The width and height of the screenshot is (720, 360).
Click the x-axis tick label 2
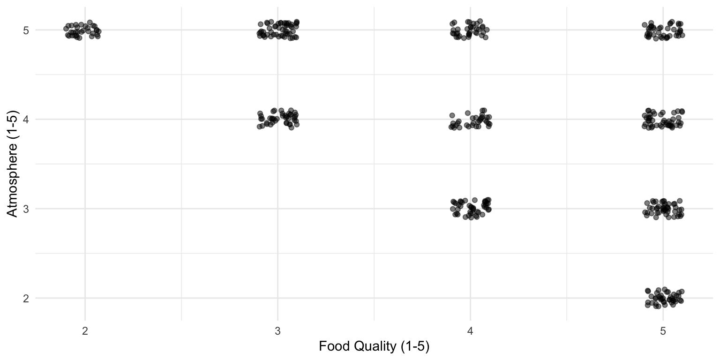tap(85, 330)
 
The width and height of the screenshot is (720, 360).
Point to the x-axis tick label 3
tap(277, 330)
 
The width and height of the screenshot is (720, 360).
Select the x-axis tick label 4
tap(470, 330)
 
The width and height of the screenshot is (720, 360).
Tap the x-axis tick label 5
tap(663, 330)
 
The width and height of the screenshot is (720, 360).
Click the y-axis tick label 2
tap(26, 298)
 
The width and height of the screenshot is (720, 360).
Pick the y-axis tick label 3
tap(26, 209)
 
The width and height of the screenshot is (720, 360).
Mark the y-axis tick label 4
tap(26, 120)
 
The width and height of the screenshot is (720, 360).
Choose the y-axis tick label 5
tap(26, 30)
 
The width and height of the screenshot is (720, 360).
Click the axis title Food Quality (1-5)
tap(374, 347)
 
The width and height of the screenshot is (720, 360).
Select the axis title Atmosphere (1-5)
tap(13, 164)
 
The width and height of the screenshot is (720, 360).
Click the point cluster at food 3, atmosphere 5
tap(278, 30)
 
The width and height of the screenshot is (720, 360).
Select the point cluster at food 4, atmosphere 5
tap(470, 30)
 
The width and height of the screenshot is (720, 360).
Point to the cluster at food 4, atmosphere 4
tap(471, 119)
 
